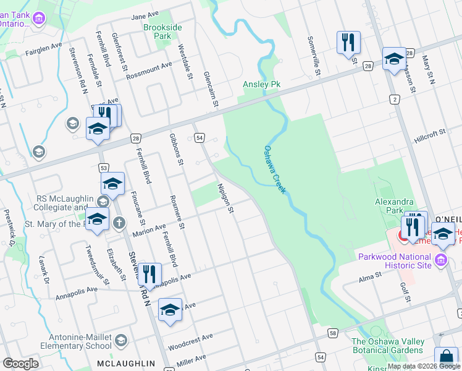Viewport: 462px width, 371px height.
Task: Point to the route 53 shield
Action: click(104, 168)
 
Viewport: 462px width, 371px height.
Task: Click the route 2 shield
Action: click(394, 99)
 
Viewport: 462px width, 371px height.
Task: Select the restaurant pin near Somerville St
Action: click(348, 42)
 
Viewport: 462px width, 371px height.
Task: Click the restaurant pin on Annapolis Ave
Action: click(149, 274)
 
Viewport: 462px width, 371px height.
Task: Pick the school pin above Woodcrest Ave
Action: click(170, 310)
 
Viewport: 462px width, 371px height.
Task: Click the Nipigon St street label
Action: click(225, 198)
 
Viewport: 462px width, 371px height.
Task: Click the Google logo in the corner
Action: click(20, 364)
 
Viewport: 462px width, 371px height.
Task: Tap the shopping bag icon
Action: click(446, 359)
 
